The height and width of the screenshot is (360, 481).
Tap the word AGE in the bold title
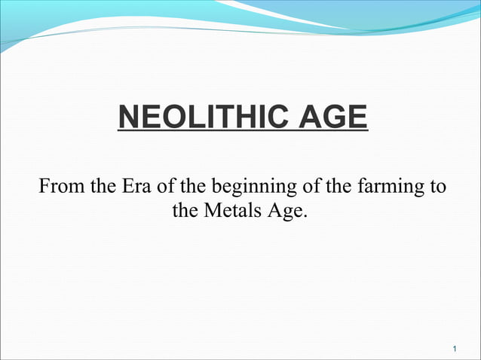332,118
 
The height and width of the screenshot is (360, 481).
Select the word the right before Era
101,185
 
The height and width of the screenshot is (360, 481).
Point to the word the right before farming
347,185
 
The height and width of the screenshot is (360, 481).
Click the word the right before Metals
185,210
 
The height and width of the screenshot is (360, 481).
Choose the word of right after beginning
317,185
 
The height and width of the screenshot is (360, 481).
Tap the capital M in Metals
211,210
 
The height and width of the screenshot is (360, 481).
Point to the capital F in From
44,185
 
